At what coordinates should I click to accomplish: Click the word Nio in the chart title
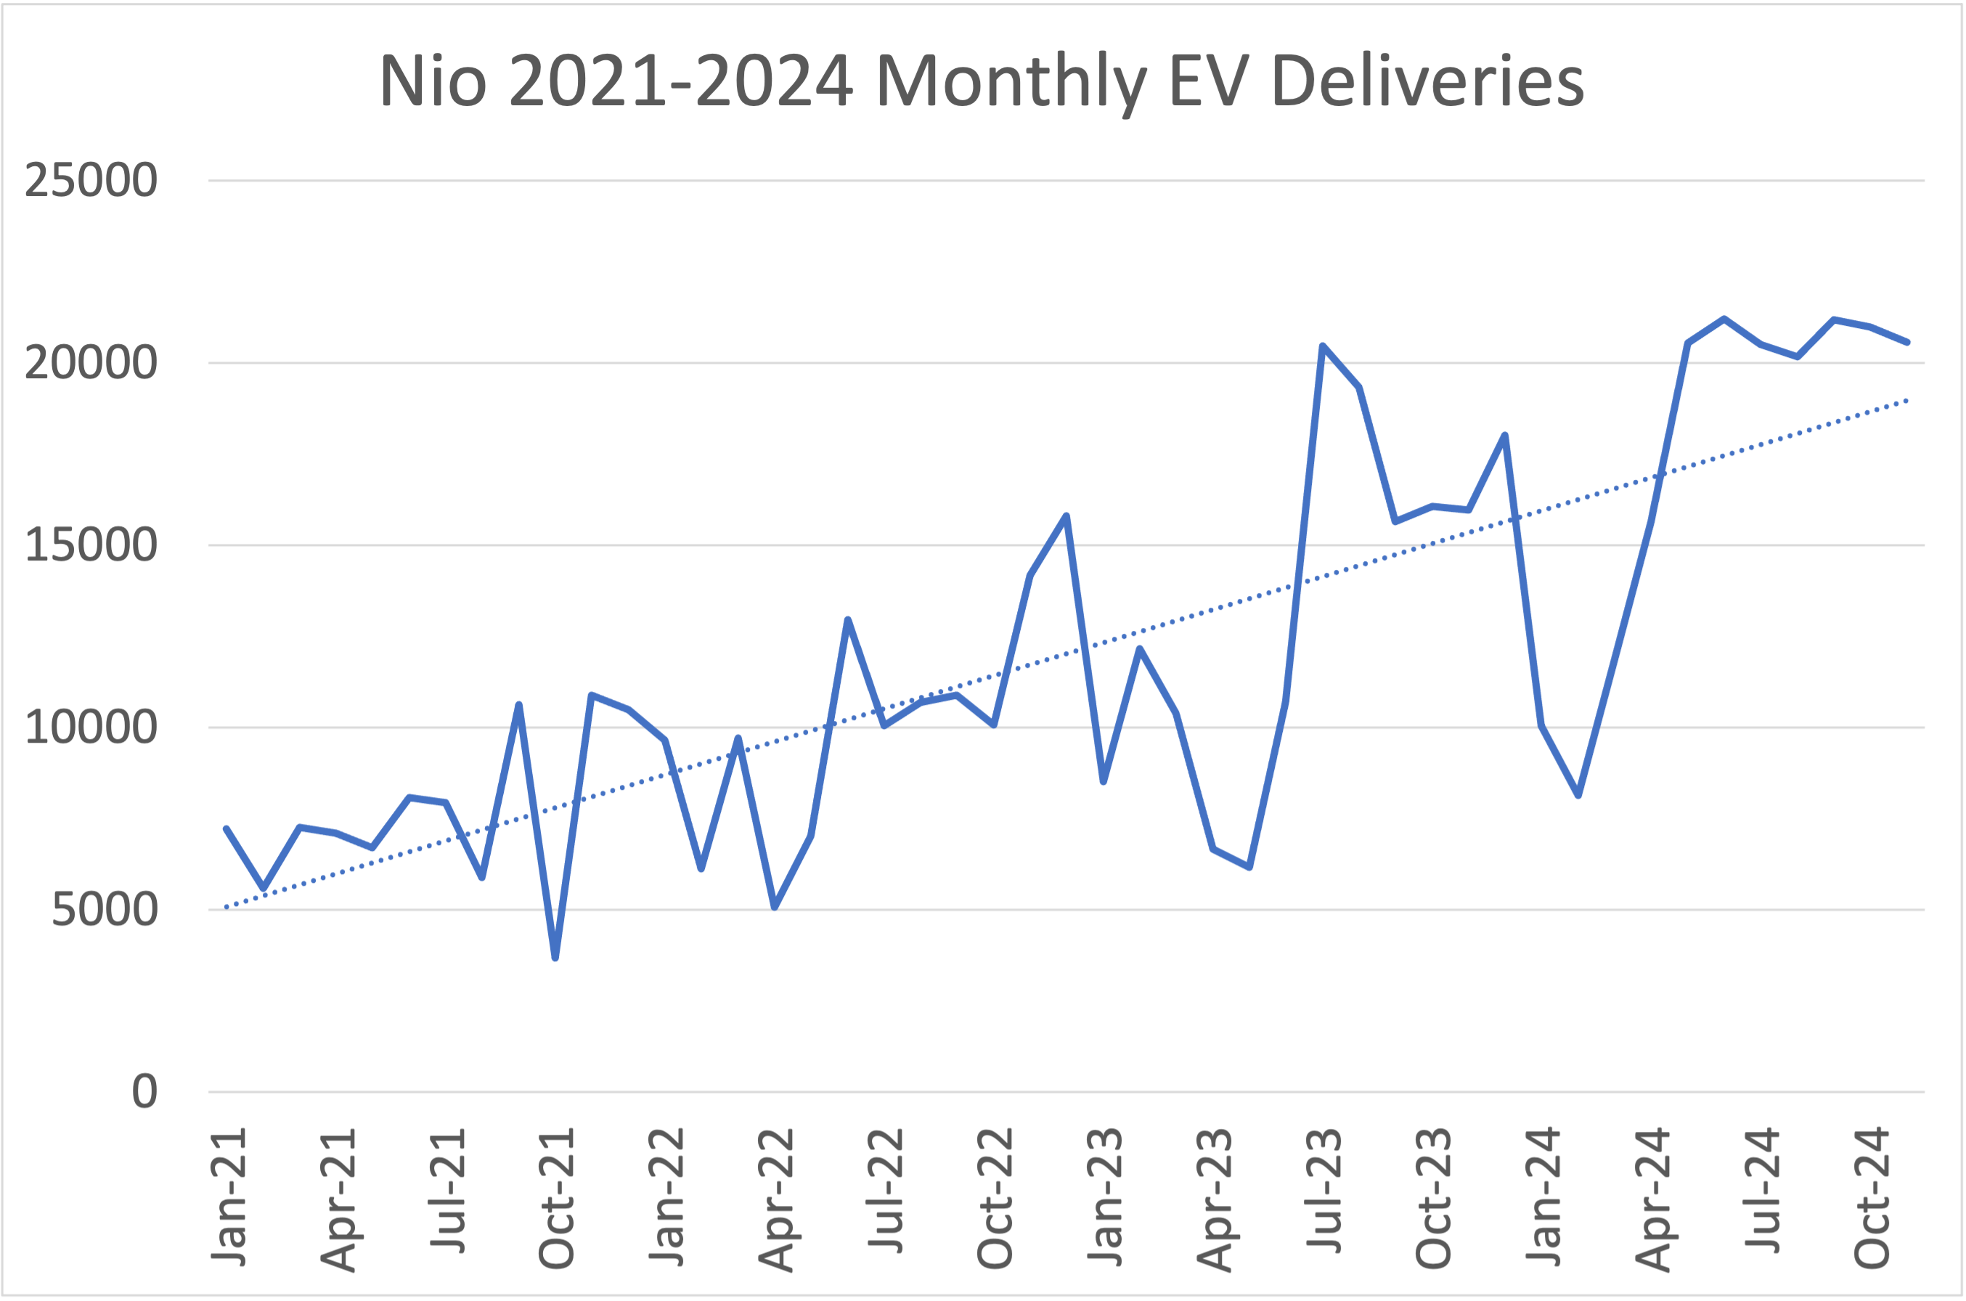[432, 81]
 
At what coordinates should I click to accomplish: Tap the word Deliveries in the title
[1427, 81]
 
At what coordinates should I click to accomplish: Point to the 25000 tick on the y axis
[91, 180]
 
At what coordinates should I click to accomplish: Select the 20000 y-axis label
[91, 362]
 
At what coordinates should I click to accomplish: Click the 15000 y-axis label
[91, 545]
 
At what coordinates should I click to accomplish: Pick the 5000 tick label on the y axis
[105, 910]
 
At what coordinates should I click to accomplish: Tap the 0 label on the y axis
[144, 1092]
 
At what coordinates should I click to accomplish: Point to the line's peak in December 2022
[1066, 516]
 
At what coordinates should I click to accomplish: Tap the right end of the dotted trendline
[1907, 401]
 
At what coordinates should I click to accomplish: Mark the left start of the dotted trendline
[227, 907]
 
